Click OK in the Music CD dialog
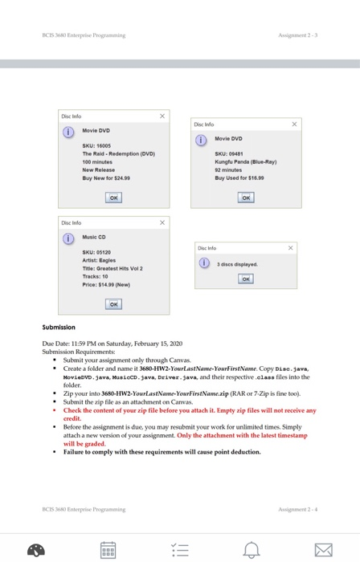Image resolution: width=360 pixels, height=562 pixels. coord(115,303)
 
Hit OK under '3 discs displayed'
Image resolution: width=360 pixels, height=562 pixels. coord(247,279)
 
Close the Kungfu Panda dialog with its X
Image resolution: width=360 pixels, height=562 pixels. coord(294,124)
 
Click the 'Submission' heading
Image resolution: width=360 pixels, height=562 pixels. coord(59,327)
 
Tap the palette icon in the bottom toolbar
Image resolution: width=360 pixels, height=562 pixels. coord(36,548)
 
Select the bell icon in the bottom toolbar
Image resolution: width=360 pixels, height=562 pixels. coord(253,548)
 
